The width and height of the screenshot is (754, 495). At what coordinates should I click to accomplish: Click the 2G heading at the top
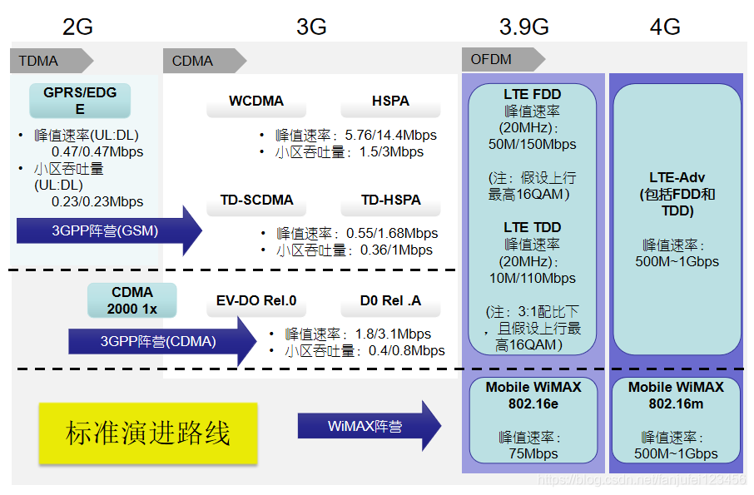[x=77, y=27]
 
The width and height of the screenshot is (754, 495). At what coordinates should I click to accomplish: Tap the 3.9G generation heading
[x=523, y=27]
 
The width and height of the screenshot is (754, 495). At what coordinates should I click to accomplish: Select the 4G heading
[x=665, y=27]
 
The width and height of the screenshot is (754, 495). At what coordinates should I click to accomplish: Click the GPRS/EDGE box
[x=80, y=100]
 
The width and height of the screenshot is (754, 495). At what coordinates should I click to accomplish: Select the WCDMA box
[x=256, y=101]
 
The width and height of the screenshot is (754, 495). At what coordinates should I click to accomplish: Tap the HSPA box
[x=390, y=101]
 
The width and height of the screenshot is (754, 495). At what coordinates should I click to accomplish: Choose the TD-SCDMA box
[x=256, y=200]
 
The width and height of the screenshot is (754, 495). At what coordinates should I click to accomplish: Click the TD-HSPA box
[x=390, y=200]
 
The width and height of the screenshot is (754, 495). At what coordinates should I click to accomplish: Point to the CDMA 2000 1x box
[x=132, y=300]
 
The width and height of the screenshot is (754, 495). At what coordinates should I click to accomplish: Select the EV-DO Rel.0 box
[x=256, y=300]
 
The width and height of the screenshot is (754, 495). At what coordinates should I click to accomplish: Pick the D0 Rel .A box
[x=390, y=300]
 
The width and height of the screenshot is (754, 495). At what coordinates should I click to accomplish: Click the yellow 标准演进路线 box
[x=147, y=433]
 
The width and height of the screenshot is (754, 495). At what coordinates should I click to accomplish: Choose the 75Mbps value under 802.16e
[x=533, y=454]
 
